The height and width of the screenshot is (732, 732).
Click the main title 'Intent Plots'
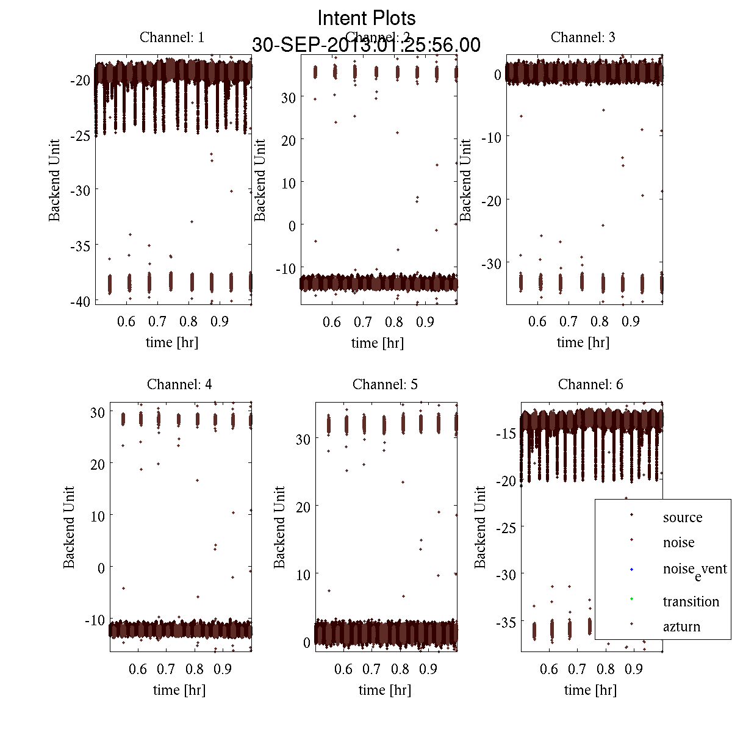point(367,18)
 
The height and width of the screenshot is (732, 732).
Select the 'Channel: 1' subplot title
point(172,37)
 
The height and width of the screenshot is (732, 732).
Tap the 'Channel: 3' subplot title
point(583,37)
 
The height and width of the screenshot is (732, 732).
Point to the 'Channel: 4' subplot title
point(179,384)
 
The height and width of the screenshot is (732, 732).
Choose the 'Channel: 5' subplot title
point(385,384)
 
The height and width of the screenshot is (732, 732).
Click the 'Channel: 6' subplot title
point(590,384)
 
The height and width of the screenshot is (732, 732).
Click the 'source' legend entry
point(682,517)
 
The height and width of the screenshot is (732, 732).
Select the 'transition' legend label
point(691,601)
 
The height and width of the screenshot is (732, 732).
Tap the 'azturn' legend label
point(681,626)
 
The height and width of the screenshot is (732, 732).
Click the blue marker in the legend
point(631,570)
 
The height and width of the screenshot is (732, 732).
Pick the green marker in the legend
point(631,598)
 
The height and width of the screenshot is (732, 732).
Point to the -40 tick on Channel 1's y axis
point(82,301)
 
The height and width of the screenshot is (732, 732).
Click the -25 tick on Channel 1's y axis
point(82,135)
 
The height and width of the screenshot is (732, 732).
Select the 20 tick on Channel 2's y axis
point(288,140)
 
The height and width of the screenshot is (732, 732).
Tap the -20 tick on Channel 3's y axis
point(492,200)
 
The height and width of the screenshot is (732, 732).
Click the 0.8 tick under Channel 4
point(195,669)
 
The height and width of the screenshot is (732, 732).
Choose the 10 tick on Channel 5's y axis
point(303,575)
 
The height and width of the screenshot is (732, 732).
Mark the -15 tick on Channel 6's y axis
point(508,434)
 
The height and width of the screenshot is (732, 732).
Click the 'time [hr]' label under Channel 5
point(385,690)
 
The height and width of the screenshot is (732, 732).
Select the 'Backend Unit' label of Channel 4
point(69,527)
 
